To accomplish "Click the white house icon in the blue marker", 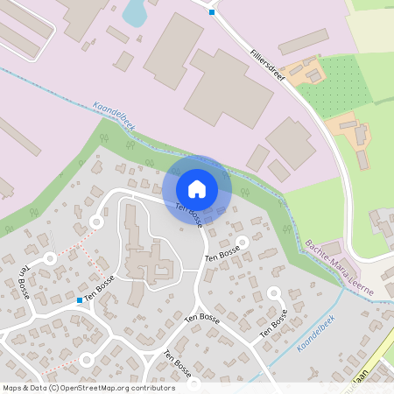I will click(x=197, y=189).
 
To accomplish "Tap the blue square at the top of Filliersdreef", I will click(x=211, y=12).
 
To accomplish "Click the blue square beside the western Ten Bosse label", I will click(x=80, y=300).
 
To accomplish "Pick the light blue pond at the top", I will click(x=135, y=12).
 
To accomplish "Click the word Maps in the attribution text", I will click(x=13, y=387).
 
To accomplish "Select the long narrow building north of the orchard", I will click(x=302, y=42).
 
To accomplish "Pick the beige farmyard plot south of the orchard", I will click(x=350, y=130).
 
